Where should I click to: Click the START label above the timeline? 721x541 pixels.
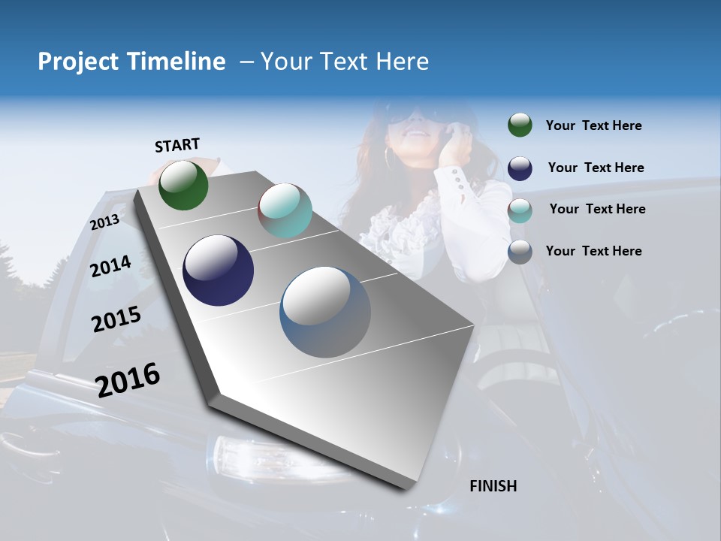click(177, 145)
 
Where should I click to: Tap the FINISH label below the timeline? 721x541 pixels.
click(493, 486)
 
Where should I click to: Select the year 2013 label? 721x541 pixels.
click(104, 222)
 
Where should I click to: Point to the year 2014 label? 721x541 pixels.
click(110, 266)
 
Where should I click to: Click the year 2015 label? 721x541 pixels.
click(116, 319)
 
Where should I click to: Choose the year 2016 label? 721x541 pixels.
click(128, 379)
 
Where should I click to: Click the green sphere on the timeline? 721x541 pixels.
click(183, 186)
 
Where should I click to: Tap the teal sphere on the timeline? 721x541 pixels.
click(285, 210)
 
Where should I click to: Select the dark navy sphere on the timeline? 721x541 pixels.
click(219, 270)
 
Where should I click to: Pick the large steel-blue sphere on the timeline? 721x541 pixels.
click(325, 312)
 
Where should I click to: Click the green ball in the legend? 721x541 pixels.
click(520, 125)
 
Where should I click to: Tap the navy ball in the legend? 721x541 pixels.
click(520, 168)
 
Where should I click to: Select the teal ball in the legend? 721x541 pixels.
click(520, 210)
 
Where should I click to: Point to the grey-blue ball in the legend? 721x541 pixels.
click(520, 252)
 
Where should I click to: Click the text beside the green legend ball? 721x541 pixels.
click(594, 125)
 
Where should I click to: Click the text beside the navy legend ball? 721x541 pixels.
click(596, 168)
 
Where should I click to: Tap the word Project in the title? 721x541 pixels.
click(78, 62)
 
